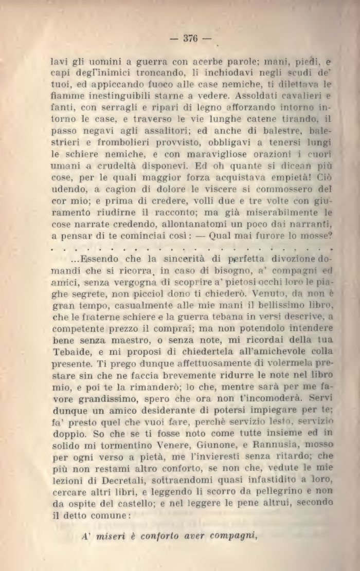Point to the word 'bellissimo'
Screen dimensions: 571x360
(x=256, y=293)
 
